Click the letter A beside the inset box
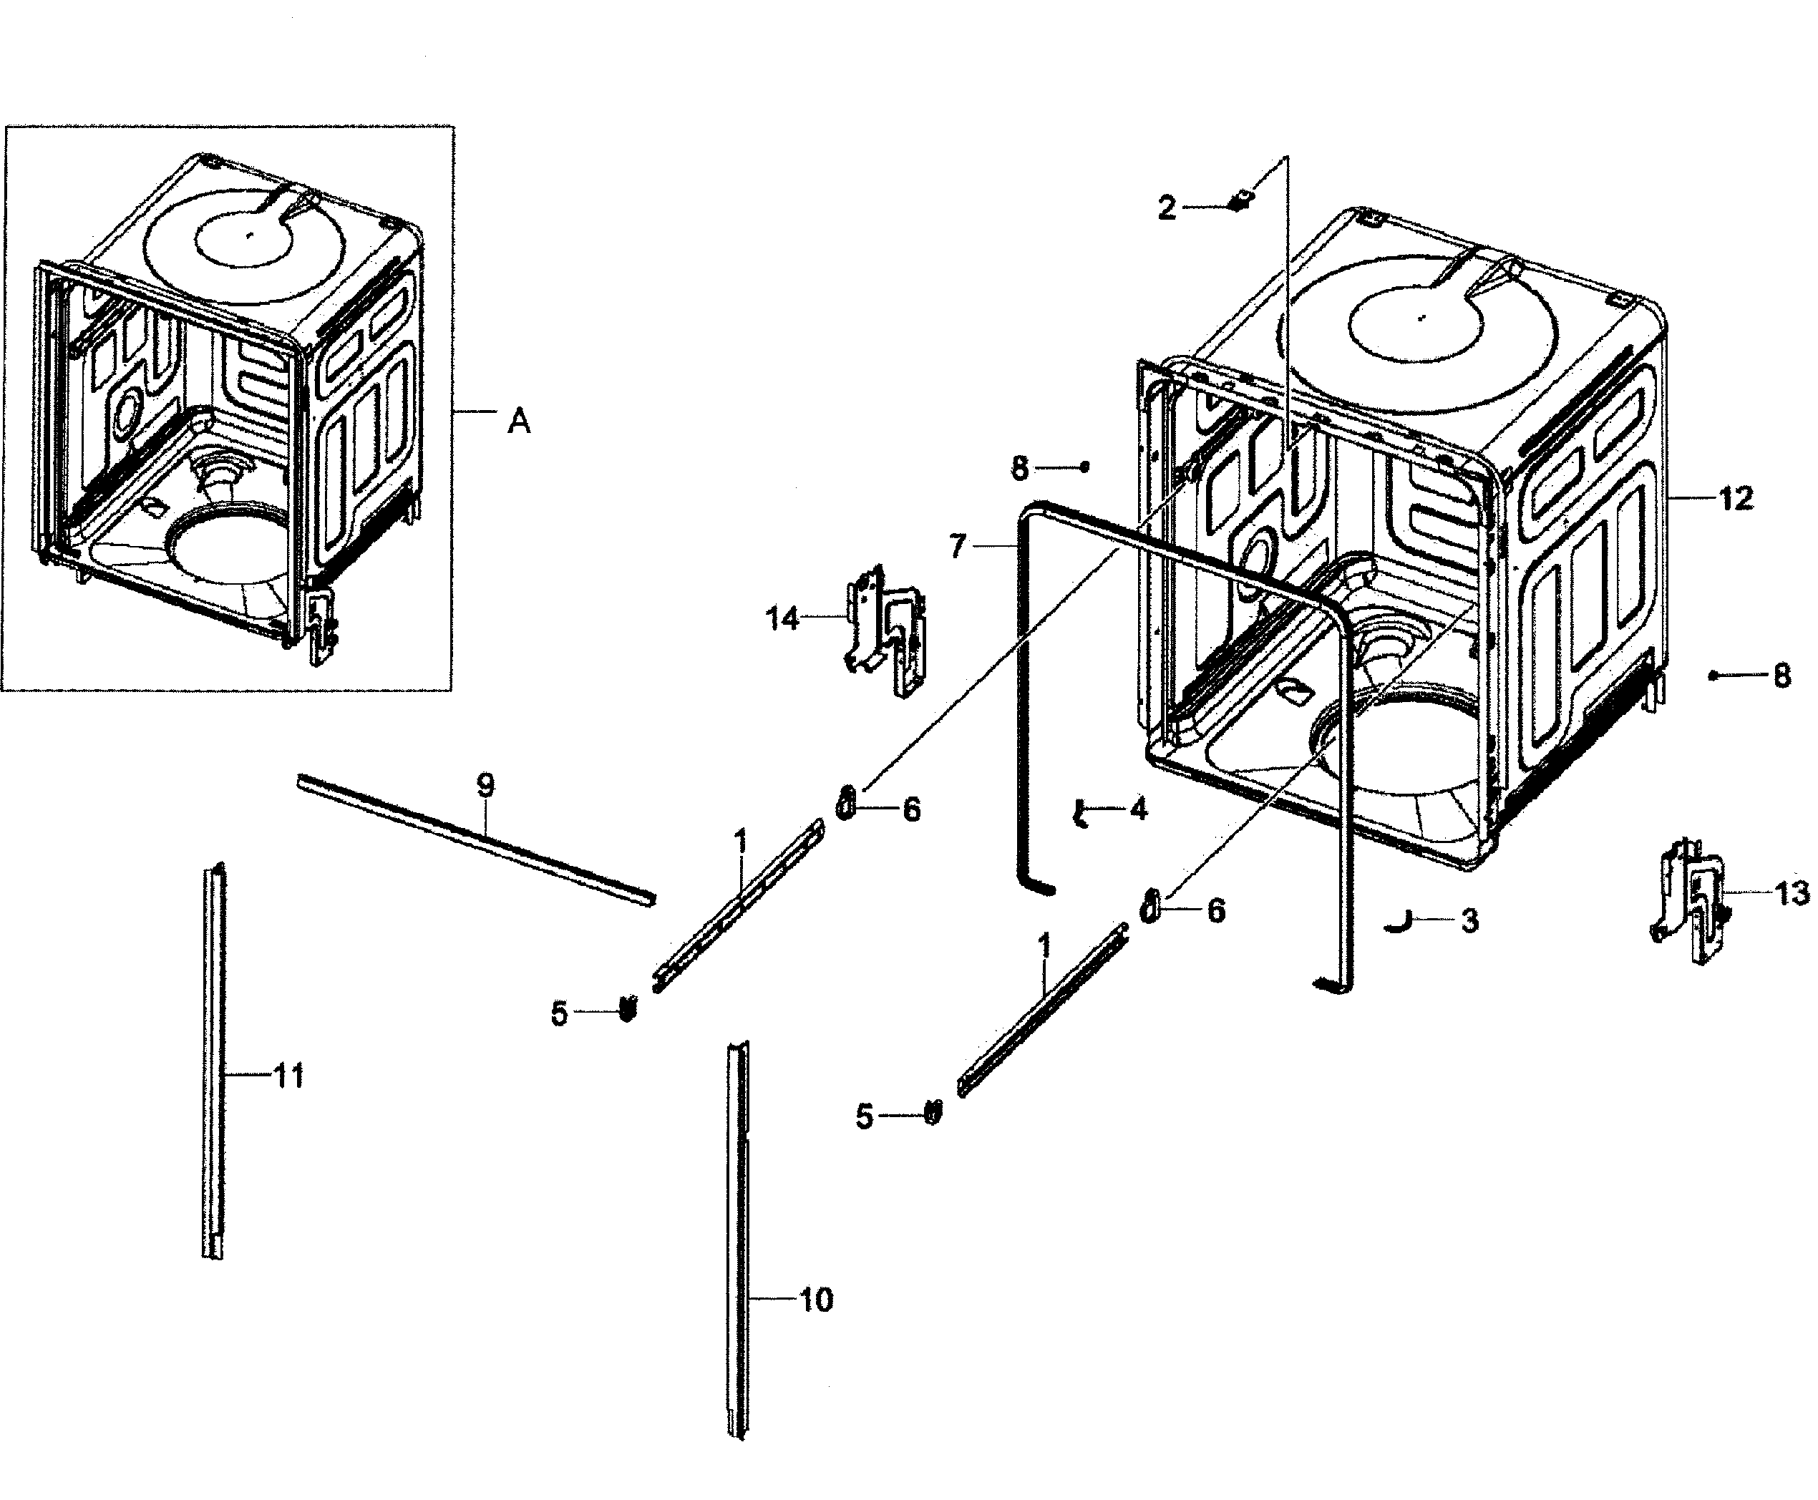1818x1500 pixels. [x=518, y=422]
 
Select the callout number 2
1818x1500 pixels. [x=1167, y=208]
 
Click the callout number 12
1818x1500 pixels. [x=1735, y=499]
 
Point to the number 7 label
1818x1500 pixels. [x=956, y=547]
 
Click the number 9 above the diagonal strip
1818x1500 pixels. [x=485, y=786]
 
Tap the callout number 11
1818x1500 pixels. [x=288, y=1076]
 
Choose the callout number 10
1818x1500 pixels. [x=816, y=1300]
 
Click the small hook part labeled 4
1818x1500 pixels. [x=1079, y=814]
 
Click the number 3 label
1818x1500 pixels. [x=1469, y=921]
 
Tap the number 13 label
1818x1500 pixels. [x=1792, y=893]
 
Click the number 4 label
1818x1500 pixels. [x=1139, y=809]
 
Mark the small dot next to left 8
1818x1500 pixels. [x=1085, y=467]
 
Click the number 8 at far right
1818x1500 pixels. [x=1781, y=676]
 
